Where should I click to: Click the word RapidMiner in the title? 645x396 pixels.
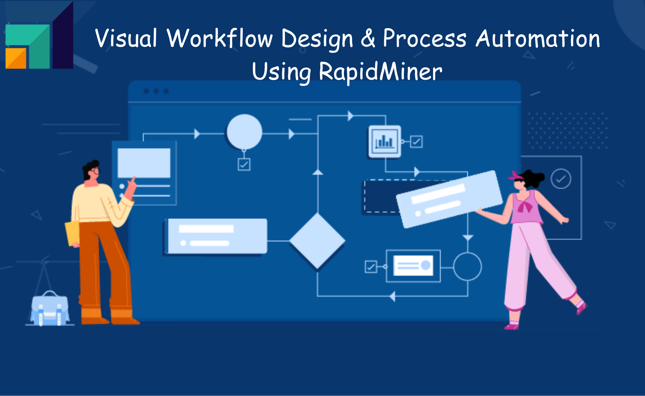[380, 72]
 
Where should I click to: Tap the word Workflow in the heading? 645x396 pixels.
[220, 39]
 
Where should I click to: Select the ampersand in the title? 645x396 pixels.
[368, 39]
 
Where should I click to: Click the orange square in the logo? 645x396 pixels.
[15, 58]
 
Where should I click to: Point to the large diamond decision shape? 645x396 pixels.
[317, 241]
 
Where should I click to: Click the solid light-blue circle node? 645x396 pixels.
[244, 131]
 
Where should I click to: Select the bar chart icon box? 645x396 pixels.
[385, 141]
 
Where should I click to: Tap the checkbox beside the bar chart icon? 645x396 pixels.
[416, 141]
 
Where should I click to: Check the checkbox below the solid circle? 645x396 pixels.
[244, 164]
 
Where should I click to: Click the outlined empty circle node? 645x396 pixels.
[467, 267]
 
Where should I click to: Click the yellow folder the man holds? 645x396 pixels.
[72, 233]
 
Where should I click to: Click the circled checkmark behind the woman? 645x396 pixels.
[561, 179]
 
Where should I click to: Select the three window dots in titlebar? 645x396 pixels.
[156, 91]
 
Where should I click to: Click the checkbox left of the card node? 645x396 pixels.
[371, 267]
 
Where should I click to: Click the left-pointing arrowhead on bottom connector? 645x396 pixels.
[392, 296]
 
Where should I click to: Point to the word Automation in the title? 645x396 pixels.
[538, 39]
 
